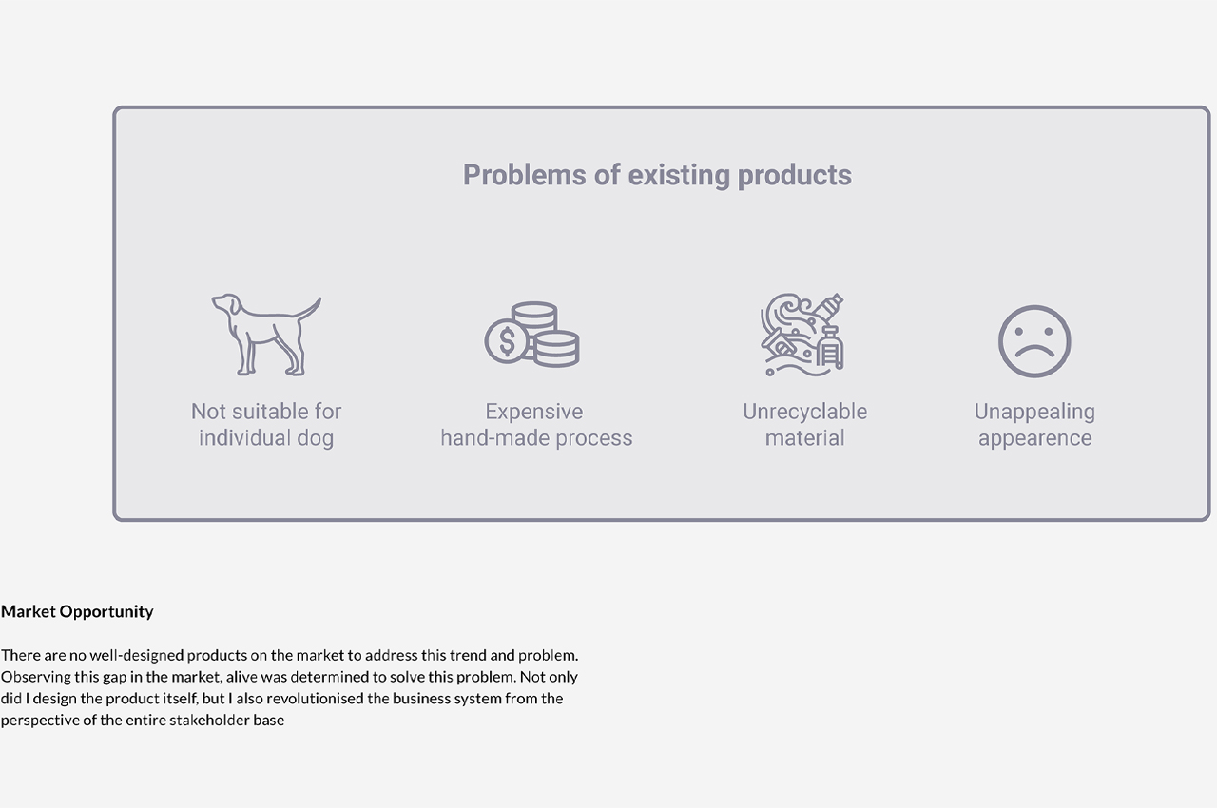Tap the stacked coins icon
(x=532, y=335)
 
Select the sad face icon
(x=1034, y=341)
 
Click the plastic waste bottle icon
(x=802, y=335)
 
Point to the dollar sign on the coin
(x=507, y=341)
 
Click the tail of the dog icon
(x=309, y=309)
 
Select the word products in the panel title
(x=794, y=176)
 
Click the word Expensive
(x=534, y=412)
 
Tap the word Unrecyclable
(x=804, y=411)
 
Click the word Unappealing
(x=1034, y=413)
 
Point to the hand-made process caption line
(x=536, y=437)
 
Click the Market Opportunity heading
(x=77, y=612)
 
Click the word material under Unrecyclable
(x=804, y=437)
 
